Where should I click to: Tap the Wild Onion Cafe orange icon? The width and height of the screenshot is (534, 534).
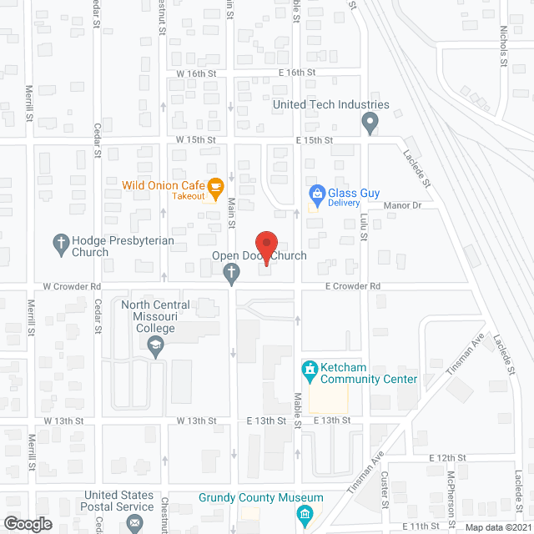214,186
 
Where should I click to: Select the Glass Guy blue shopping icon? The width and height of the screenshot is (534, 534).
316,196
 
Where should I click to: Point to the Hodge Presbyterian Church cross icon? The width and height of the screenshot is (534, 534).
60,244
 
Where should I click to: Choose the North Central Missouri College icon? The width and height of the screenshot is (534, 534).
156,348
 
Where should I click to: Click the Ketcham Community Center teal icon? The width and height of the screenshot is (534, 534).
309,368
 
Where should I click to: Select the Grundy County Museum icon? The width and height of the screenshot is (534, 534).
305,511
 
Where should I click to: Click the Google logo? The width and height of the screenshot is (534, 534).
27,523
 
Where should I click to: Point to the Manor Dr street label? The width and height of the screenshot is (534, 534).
403,205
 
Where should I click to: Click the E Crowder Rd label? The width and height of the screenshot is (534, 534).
353,286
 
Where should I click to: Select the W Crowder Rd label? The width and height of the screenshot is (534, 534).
71,286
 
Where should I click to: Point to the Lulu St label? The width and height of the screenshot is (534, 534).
363,225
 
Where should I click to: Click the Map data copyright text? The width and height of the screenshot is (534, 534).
496,526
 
